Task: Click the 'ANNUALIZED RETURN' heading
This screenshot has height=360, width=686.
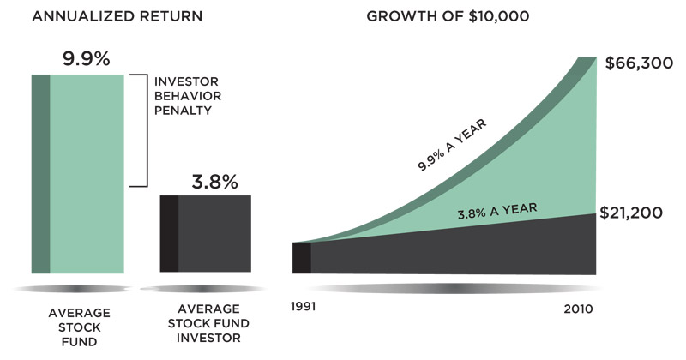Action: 117,16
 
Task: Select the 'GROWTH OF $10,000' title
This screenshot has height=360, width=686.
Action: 448,16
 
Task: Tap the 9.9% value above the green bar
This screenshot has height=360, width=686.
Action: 87,58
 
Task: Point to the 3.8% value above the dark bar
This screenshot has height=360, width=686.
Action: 214,182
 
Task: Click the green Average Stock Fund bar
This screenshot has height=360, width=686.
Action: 78,174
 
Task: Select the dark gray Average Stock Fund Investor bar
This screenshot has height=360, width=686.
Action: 206,234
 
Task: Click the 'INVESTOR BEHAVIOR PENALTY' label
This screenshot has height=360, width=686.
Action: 188,96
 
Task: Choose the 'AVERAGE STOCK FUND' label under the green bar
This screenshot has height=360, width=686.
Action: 79,327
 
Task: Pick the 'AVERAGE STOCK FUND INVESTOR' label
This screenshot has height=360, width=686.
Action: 208,323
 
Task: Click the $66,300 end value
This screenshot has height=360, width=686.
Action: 639,63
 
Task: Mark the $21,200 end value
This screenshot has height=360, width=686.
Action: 631,213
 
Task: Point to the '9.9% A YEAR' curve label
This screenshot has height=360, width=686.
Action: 452,145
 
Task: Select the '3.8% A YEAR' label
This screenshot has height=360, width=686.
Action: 497,211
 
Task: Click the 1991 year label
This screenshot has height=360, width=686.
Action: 303,306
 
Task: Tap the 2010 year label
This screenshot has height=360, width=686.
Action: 578,309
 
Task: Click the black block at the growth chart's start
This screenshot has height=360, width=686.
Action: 302,258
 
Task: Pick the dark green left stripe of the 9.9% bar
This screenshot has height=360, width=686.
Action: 40,174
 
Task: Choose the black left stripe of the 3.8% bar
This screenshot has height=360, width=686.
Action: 169,234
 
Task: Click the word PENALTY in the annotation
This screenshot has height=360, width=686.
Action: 183,111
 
